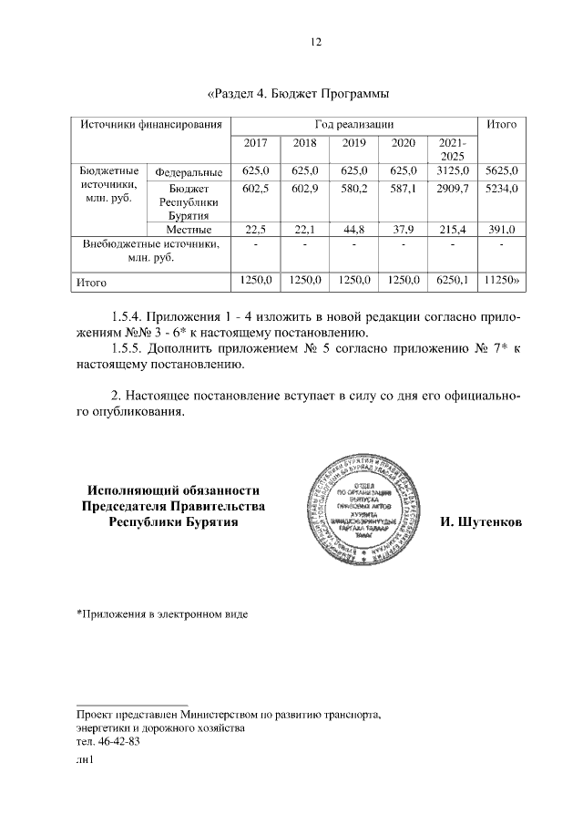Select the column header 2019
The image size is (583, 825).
pos(353,143)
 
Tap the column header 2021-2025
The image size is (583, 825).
pos(453,150)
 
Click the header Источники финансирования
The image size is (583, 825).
pos(149,124)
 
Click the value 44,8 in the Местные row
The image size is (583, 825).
pos(353,229)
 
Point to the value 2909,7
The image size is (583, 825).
pos(453,187)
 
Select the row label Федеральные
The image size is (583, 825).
pos(189,171)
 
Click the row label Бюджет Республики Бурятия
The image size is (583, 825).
pos(189,201)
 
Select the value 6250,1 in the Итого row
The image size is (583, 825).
pos(453,282)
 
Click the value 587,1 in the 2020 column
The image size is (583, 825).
pos(403,187)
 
